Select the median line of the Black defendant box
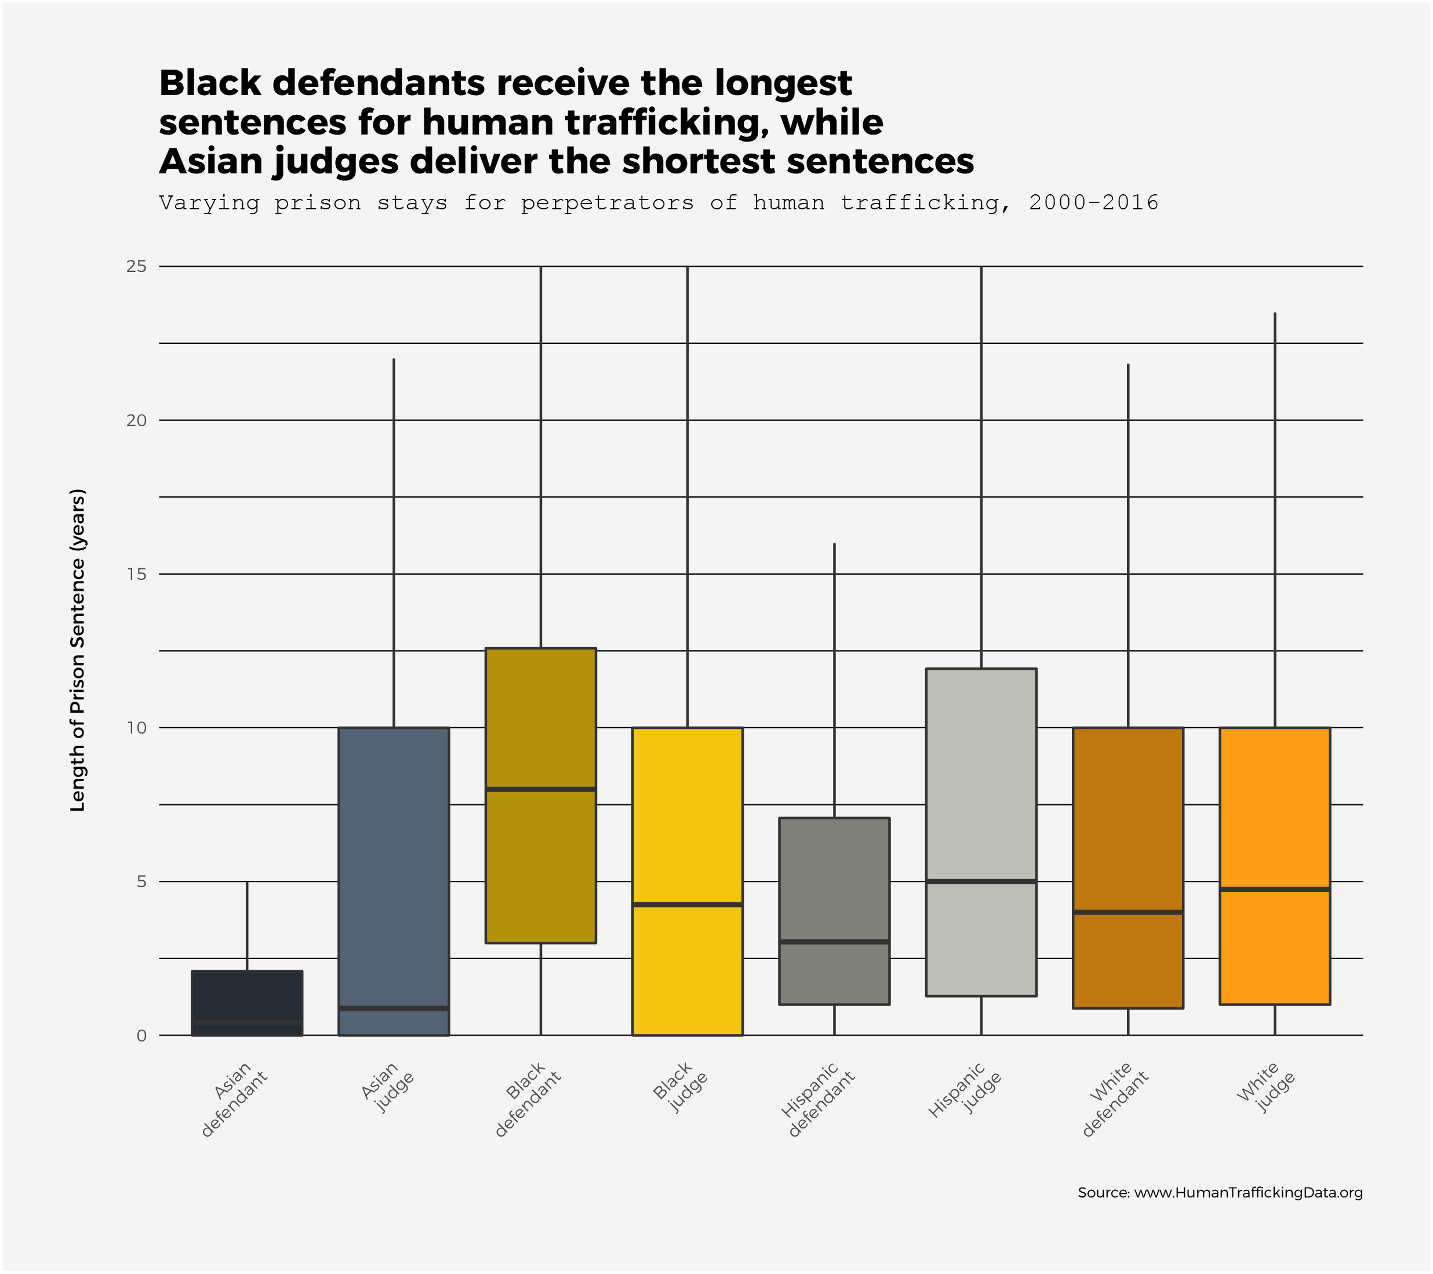click(540, 789)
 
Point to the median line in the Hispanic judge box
click(981, 881)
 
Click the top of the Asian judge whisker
click(394, 360)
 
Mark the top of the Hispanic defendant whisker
click(834, 544)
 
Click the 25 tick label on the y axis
click(137, 266)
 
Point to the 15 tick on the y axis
click(137, 574)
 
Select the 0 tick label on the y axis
click(141, 1036)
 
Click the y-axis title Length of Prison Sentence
click(78, 650)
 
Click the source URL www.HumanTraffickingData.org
click(1248, 1193)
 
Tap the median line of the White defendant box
click(1128, 912)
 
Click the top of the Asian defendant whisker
click(247, 883)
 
